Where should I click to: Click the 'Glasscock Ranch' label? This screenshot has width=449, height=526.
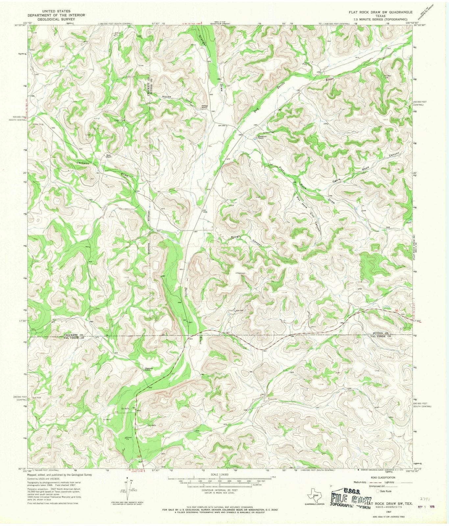click(x=146, y=369)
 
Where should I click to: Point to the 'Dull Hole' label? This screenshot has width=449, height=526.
click(x=36, y=397)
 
